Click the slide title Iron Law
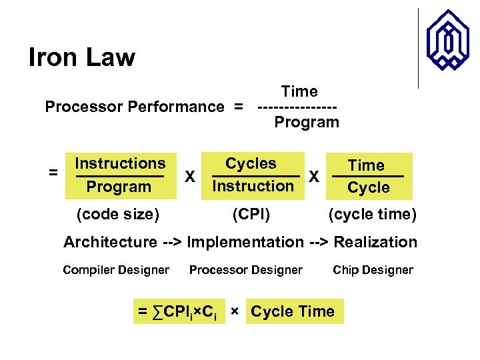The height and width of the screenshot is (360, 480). [x=81, y=58]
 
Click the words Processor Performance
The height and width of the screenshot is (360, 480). [x=134, y=107]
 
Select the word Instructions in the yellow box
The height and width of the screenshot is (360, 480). [x=120, y=163]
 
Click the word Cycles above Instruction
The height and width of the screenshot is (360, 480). [x=251, y=163]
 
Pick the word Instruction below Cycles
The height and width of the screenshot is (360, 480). [x=252, y=186]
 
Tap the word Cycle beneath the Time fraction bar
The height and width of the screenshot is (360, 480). [x=368, y=188]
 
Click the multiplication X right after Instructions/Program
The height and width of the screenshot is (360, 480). [x=190, y=177]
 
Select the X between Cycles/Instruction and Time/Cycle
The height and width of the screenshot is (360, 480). [x=314, y=177]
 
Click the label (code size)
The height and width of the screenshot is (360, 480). [x=118, y=215]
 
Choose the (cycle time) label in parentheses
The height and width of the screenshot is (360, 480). [x=372, y=215]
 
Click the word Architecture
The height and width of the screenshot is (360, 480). [x=111, y=242]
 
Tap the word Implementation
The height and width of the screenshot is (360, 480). [x=245, y=242]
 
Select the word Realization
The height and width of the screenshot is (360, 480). [x=375, y=242]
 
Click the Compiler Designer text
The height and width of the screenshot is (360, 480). [x=116, y=270]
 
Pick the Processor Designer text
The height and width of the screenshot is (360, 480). [x=245, y=270]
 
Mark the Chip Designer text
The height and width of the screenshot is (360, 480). [x=373, y=270]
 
